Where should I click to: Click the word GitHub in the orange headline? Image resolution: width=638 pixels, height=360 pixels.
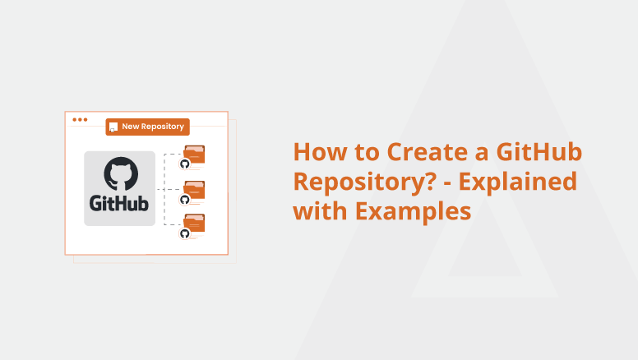539,152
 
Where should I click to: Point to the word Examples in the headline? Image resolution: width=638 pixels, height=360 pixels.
413,211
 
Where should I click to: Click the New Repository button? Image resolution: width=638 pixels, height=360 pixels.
147,127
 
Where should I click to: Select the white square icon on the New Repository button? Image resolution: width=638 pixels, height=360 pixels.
113,127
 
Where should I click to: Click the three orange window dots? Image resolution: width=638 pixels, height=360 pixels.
80,120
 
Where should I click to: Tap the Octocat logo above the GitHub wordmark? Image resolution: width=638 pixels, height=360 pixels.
121,173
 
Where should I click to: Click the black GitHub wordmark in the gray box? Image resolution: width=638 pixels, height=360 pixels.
119,203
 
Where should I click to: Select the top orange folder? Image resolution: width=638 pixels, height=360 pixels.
194,155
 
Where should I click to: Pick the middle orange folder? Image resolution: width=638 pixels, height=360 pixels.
194,190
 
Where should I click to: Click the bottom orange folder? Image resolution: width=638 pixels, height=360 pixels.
194,224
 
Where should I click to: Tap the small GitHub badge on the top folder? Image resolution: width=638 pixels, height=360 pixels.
185,164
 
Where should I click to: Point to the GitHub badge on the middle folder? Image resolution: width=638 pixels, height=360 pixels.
185,200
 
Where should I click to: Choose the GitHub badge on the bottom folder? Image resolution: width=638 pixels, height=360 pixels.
185,233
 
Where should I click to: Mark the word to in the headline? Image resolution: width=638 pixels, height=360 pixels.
366,153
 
